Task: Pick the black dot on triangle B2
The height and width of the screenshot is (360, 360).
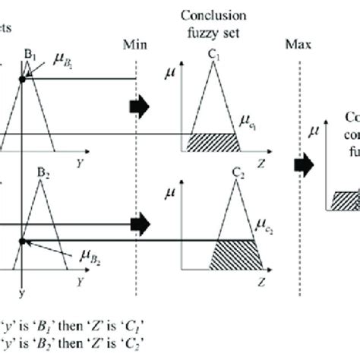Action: [x=23, y=242]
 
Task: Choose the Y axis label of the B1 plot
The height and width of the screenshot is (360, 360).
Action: [x=79, y=162]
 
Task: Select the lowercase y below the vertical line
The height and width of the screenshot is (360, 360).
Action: [x=22, y=292]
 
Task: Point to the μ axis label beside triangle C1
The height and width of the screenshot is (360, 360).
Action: [x=169, y=74]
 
